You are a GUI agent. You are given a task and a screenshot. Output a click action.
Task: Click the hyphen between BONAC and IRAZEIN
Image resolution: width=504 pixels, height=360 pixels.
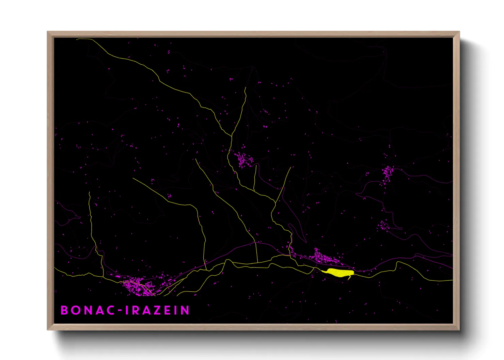tap(120, 311)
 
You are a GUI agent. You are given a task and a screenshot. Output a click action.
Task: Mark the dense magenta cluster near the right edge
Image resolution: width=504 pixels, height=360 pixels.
tap(387, 174)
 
